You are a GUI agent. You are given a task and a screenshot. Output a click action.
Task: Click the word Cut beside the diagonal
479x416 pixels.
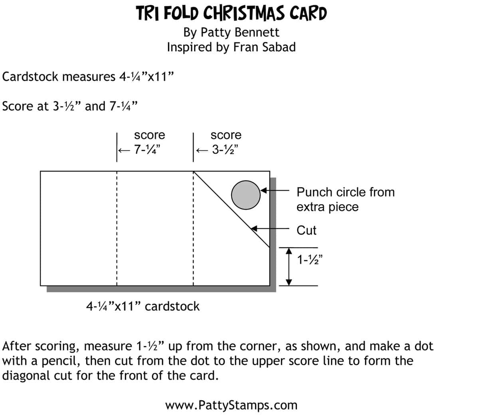[306, 230]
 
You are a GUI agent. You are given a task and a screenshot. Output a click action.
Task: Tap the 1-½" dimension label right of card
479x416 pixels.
[310, 260]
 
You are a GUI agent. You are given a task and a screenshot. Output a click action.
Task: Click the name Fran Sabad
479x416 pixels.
[264, 47]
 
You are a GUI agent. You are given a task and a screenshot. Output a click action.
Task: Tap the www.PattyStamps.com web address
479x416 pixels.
[231, 405]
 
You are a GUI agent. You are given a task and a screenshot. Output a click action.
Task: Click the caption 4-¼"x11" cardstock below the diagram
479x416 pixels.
[143, 306]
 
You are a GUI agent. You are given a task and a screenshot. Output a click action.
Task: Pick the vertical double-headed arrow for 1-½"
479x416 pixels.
[290, 266]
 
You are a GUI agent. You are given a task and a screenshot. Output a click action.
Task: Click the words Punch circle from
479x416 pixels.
[345, 192]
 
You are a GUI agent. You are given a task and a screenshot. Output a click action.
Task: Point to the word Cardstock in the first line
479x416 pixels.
[30, 76]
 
